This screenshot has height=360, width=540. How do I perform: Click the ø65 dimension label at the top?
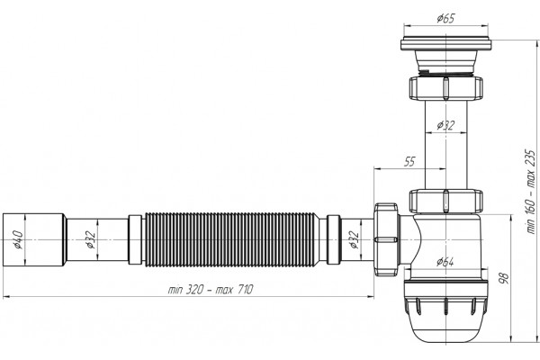(445, 18)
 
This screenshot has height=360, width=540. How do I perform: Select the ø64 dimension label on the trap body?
(445, 262)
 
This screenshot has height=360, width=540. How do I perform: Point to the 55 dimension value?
(409, 161)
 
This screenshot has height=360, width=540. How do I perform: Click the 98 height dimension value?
(503, 278)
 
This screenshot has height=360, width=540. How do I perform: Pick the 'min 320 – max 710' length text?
(210, 289)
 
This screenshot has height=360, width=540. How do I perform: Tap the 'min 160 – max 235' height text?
(531, 192)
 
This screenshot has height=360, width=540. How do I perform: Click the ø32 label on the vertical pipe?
(445, 125)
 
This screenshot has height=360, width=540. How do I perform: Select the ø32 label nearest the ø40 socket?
(91, 239)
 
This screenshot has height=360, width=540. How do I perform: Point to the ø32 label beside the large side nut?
(354, 239)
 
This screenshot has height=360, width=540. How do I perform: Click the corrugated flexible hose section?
(230, 239)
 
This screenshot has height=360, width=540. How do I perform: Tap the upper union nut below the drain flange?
(446, 88)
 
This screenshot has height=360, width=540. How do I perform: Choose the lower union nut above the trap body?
(446, 201)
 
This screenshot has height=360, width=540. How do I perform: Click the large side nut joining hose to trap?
(386, 239)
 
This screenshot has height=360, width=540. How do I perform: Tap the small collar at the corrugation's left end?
(135, 239)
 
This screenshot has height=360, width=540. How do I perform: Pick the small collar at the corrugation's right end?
(333, 239)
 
